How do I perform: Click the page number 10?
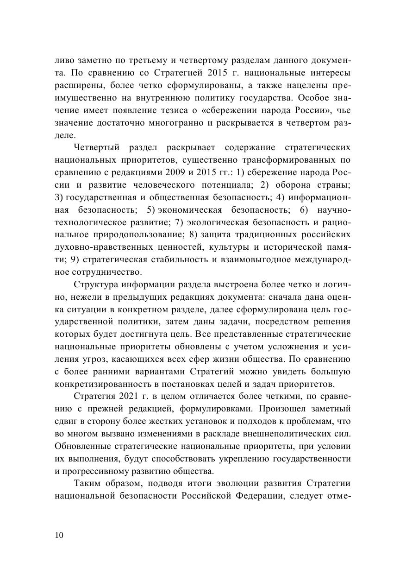[59, 535]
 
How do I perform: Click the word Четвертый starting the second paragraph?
[94, 148]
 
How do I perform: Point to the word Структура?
[93, 284]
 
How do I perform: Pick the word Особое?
[314, 98]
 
